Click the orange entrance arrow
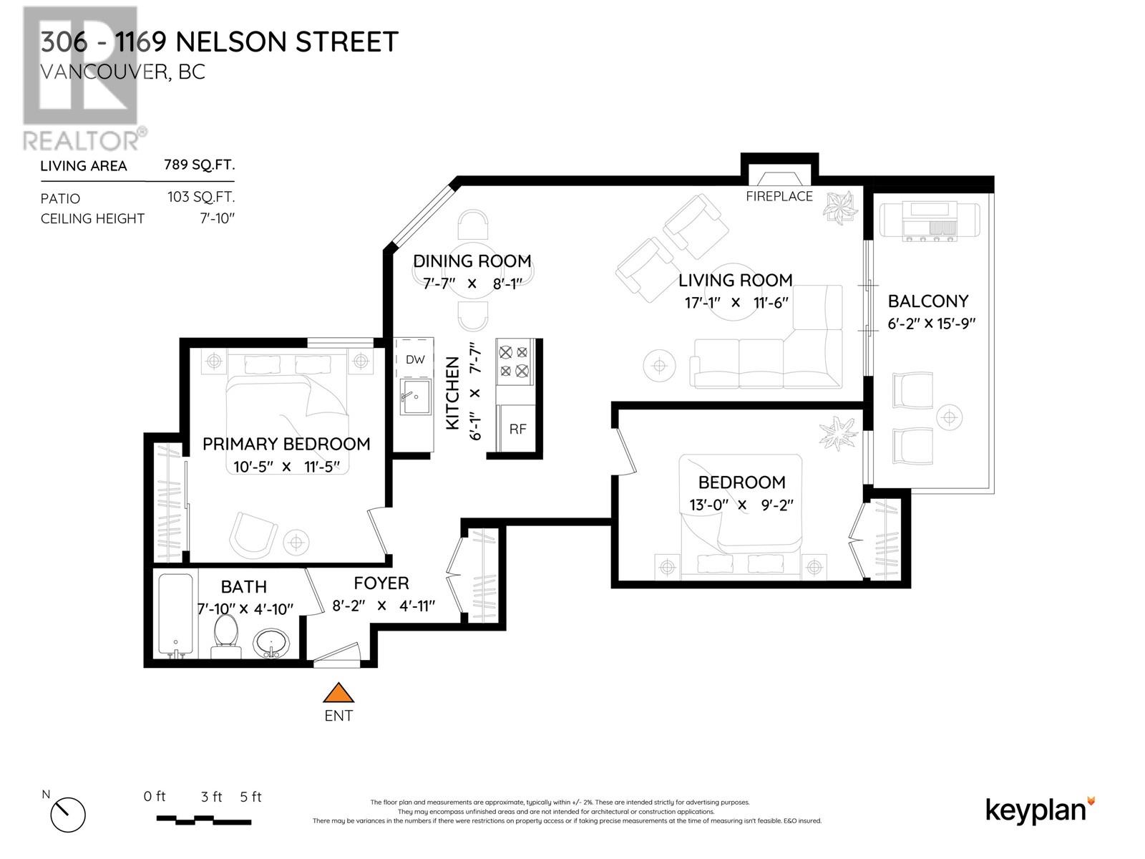(338, 694)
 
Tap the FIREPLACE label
(779, 196)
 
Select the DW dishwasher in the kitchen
(415, 359)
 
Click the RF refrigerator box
(517, 429)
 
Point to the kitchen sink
(415, 397)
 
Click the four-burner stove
(514, 361)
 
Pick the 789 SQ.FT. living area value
(200, 165)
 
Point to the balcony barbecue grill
(929, 220)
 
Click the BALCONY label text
(928, 301)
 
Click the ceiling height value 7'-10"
(218, 218)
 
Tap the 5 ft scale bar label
(250, 797)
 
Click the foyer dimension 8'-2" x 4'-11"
(384, 606)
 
